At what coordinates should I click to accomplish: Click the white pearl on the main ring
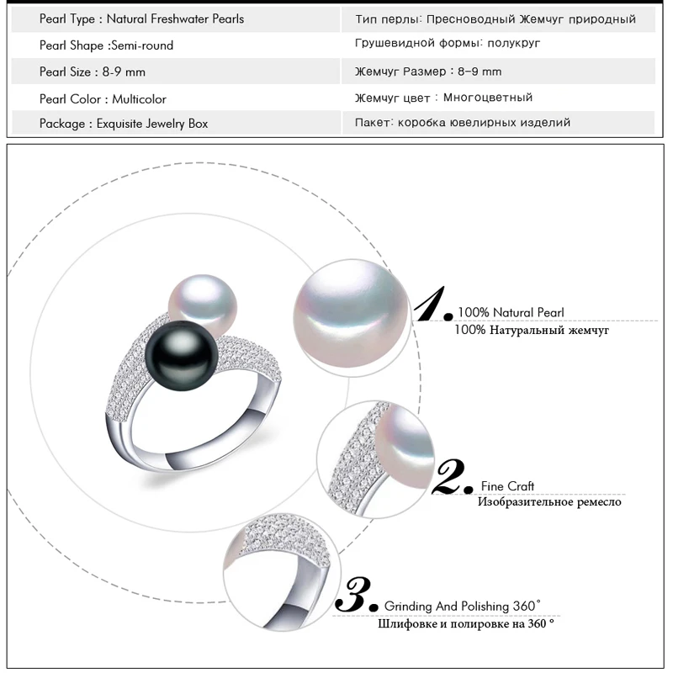pyautogui.click(x=204, y=300)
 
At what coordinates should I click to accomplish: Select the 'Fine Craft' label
pyautogui.click(x=507, y=486)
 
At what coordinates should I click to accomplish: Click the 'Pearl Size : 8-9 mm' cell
pyautogui.click(x=93, y=72)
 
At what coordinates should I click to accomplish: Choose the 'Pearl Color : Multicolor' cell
pyautogui.click(x=103, y=99)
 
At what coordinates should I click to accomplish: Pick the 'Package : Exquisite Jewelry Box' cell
pyautogui.click(x=124, y=124)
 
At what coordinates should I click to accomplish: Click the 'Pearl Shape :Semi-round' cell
pyautogui.click(x=106, y=45)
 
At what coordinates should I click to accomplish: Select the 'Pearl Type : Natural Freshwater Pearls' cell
pyautogui.click(x=141, y=19)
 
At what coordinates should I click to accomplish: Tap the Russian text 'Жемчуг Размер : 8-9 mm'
pyautogui.click(x=428, y=72)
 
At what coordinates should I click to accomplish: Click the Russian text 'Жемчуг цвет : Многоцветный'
pyautogui.click(x=444, y=98)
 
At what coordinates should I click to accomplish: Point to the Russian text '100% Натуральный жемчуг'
pyautogui.click(x=531, y=331)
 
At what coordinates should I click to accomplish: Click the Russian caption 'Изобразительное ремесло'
pyautogui.click(x=549, y=502)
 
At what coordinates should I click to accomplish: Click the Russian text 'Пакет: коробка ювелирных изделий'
pyautogui.click(x=463, y=123)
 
